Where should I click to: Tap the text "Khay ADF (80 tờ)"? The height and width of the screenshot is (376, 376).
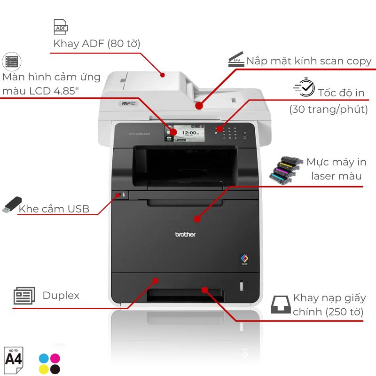[x=97, y=44]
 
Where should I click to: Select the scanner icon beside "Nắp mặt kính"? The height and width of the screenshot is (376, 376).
[x=236, y=60]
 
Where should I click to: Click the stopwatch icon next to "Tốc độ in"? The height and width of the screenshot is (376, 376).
[x=304, y=87]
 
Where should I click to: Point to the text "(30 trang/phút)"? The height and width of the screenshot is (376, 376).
[x=329, y=110]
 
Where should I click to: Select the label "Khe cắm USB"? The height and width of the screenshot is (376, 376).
[x=54, y=209]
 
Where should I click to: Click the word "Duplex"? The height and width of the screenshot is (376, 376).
[x=61, y=296]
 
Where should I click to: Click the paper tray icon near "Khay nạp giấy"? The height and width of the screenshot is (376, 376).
[x=281, y=305]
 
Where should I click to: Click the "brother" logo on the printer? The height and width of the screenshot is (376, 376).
[x=185, y=235]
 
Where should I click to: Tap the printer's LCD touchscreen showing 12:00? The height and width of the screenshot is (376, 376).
[x=187, y=133]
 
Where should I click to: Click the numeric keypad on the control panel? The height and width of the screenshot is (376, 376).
[x=229, y=132]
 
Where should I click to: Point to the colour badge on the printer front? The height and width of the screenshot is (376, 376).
[x=244, y=259]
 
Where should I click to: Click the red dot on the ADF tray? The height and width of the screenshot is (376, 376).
[x=163, y=74]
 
